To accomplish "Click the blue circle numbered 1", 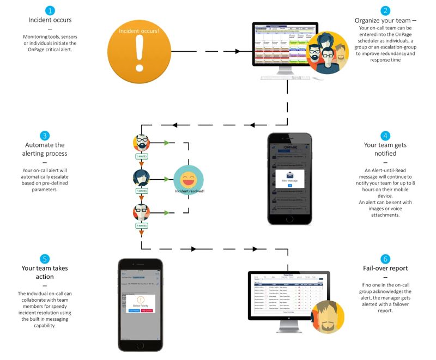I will (x=50, y=10).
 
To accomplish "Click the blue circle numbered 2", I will (x=385, y=10).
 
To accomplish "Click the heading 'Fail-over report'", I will (x=385, y=268).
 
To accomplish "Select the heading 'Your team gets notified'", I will (x=385, y=150).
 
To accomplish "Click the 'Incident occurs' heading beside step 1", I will (x=50, y=21).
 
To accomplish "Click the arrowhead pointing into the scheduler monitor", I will (x=238, y=51).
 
